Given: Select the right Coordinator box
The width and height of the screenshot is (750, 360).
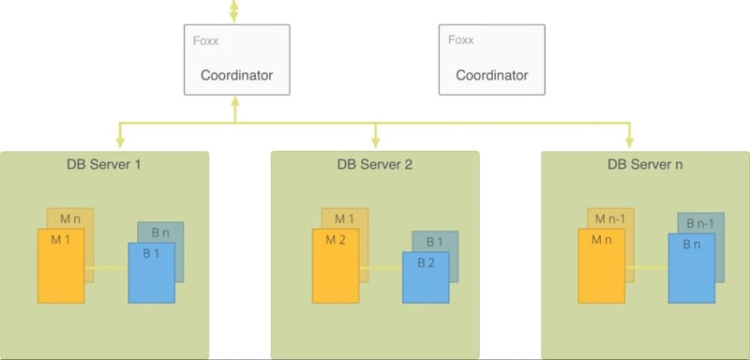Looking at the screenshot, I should (491, 60).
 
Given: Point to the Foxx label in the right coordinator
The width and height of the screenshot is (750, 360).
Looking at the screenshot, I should (460, 42).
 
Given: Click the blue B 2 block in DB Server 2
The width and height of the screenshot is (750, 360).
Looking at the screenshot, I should (426, 277).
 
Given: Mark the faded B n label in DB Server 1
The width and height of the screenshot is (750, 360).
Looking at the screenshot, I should (160, 232).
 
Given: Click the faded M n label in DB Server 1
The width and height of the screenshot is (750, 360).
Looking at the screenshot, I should (71, 218).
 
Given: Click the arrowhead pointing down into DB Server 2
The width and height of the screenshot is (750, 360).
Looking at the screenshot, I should (375, 140).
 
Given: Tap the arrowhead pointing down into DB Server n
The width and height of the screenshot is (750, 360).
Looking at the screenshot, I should (629, 140).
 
